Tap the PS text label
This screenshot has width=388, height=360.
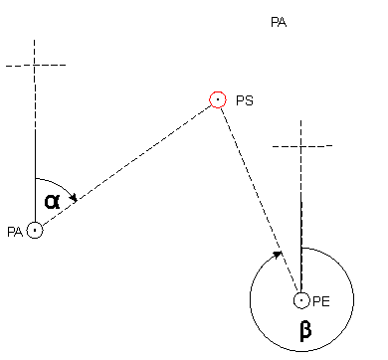click(245, 100)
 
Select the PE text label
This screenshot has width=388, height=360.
click(321, 301)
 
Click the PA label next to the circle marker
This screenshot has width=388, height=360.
click(15, 232)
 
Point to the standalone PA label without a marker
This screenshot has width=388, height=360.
click(279, 23)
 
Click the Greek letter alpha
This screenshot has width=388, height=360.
click(52, 201)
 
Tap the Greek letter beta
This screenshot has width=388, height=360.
click(305, 330)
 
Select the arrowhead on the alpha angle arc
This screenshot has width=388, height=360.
click(75, 198)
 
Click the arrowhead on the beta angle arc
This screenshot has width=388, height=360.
click(278, 255)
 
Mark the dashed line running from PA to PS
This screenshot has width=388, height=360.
click(126, 165)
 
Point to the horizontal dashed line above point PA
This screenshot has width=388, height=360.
click(36, 66)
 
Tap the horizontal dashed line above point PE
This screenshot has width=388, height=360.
click(302, 145)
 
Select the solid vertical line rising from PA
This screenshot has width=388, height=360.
click(35, 176)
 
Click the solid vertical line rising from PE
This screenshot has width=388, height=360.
click(301, 246)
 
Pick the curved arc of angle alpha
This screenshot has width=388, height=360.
click(61, 184)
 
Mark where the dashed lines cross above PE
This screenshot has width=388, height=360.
click(301, 145)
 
